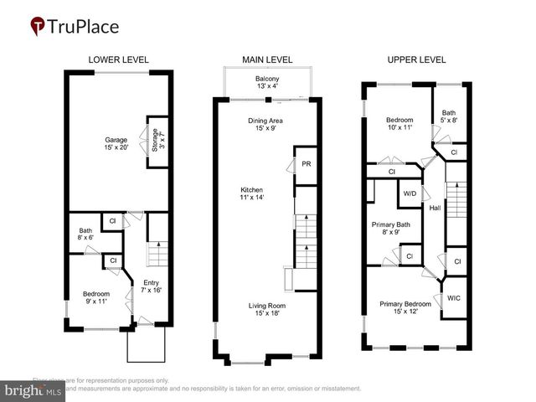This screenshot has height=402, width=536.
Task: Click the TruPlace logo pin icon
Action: click(39, 26)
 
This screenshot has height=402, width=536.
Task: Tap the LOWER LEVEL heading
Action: click(119, 60)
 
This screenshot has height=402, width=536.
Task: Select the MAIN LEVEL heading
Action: click(267, 60)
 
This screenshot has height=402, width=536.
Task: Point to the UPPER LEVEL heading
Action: click(416, 60)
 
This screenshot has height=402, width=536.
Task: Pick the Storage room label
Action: click(153, 139)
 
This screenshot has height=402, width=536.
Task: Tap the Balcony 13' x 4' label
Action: click(268, 83)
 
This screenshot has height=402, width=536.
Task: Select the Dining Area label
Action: click(265, 125)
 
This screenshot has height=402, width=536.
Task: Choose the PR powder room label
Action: click(306, 164)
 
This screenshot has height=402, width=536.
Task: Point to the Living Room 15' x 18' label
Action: click(265, 310)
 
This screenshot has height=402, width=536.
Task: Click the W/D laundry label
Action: click(410, 193)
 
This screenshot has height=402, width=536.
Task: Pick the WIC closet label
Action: click(453, 297)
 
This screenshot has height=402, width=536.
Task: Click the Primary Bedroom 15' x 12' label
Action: click(405, 307)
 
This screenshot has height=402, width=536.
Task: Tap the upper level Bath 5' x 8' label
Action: click(448, 116)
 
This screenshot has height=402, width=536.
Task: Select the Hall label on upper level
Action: click(435, 208)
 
